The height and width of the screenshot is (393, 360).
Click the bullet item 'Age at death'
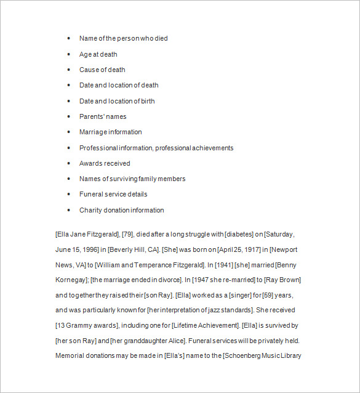(98, 54)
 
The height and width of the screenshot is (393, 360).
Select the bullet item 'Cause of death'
(102, 70)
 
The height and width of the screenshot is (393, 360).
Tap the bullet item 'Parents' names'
(103, 116)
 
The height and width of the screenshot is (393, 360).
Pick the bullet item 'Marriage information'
(110, 132)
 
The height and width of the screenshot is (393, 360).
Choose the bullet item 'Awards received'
(105, 163)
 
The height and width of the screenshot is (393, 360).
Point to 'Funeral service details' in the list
(113, 194)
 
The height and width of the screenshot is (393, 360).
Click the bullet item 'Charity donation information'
(121, 210)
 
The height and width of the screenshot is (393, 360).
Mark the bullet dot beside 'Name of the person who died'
(68, 38)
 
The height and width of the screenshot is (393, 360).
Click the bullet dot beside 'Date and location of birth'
(68, 101)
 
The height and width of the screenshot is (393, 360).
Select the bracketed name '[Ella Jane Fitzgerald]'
(86, 235)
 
